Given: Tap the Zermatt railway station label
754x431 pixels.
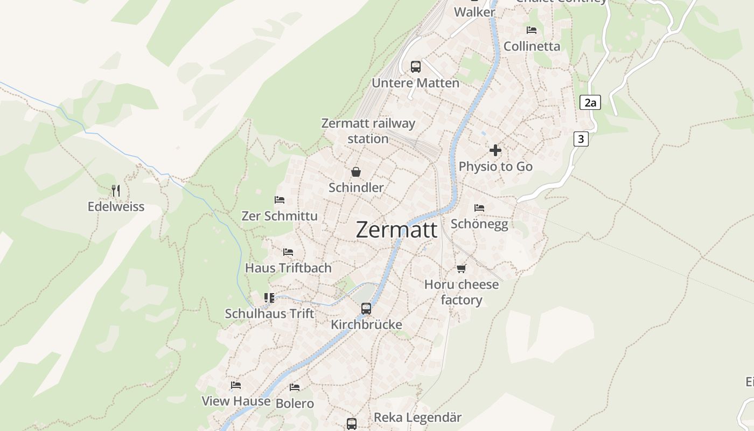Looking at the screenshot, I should pos(368,131).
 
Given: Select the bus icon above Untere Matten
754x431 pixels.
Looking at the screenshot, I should pos(415,67).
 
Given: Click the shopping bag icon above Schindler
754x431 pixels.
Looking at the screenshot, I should pos(356,172).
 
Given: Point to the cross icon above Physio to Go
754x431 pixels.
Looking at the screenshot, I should pos(495,150).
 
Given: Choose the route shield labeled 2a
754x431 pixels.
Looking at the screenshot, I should pos(590,102).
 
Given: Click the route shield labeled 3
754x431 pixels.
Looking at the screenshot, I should pos(581,139).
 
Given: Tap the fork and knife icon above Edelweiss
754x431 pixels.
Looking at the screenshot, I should pos(116,190).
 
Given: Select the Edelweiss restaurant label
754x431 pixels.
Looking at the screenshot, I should pos(116,207).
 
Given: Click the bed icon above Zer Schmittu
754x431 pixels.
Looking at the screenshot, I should pos(280,200).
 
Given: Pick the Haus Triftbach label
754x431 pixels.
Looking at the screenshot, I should pos(288,268).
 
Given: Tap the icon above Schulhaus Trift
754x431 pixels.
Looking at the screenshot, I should pos(269,298).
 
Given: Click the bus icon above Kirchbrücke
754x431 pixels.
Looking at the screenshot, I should pos(366,309).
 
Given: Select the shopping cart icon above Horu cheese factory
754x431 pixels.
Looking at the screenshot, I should pos(461,268).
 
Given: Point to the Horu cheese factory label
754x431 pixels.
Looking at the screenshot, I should pos(462,292).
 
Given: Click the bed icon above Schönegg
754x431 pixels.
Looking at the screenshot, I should pos(479,208).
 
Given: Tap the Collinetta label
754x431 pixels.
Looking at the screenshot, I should pos(532,46).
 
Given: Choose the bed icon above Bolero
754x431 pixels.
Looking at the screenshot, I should pos(295,387).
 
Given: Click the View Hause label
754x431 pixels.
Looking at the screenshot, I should pos(236,401).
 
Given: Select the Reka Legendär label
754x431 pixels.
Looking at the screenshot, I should pos(418,418).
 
